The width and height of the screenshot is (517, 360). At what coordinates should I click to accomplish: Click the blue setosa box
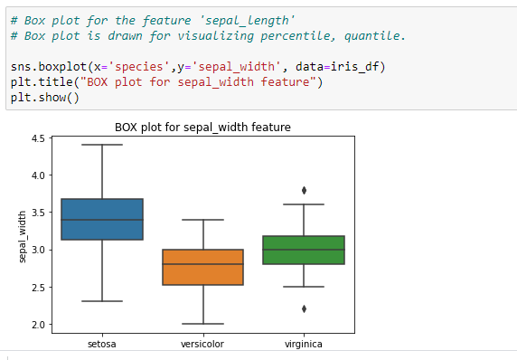(102, 219)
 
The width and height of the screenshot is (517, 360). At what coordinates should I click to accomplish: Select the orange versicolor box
(203, 267)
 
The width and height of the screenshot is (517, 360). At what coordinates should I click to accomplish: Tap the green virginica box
(305, 250)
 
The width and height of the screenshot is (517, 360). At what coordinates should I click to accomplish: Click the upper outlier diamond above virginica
(305, 190)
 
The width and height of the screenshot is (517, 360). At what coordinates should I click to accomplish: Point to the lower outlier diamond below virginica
(305, 308)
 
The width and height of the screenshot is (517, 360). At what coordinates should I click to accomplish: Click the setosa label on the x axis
(102, 344)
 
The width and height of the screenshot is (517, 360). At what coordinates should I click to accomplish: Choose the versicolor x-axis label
(203, 344)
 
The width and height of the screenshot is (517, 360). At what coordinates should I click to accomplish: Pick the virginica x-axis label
(305, 344)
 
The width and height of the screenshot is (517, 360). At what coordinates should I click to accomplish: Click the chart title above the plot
(202, 127)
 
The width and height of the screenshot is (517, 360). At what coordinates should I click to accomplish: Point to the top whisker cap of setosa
(102, 145)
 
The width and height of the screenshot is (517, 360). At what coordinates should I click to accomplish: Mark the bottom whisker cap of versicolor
(203, 324)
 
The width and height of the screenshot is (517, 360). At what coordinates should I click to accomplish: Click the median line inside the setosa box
(102, 220)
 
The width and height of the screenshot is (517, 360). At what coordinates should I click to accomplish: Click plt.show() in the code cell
(45, 98)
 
